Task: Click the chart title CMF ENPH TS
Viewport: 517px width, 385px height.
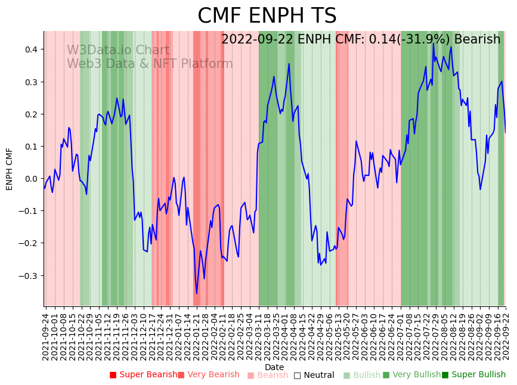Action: (x=267, y=16)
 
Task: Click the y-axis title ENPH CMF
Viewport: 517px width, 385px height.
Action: (x=10, y=169)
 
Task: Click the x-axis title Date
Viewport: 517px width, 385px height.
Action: (x=274, y=367)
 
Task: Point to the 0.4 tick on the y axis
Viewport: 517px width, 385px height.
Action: (x=30, y=49)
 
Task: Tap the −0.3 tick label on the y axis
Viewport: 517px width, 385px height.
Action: (x=27, y=275)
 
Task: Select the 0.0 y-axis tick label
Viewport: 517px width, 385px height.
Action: (x=30, y=179)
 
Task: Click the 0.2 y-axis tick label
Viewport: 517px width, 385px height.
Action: (x=30, y=114)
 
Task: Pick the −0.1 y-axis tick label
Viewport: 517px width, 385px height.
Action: (x=27, y=211)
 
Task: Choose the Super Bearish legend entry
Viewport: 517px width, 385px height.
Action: (x=143, y=375)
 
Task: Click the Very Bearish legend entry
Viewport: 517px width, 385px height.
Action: (x=208, y=375)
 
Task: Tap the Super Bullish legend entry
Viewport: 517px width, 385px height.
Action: (x=473, y=375)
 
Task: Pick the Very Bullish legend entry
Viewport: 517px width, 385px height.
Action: (x=411, y=375)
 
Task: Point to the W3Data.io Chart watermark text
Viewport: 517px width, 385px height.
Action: (x=117, y=50)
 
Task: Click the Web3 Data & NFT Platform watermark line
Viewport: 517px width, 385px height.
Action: (x=150, y=64)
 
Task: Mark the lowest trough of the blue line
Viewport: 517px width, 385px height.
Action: (x=197, y=293)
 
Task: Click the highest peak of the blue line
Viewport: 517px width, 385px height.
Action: (x=434, y=44)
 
